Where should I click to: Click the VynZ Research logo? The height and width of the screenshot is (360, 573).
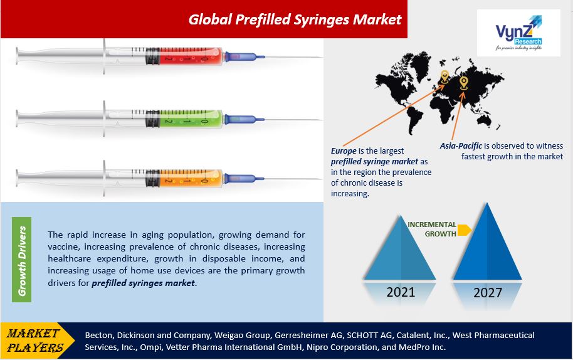coord(518,33)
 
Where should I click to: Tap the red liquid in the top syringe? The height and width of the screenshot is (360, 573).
coord(191,56)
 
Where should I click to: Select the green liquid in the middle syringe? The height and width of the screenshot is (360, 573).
coord(191,119)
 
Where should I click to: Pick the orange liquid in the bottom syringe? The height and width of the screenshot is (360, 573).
coord(191,179)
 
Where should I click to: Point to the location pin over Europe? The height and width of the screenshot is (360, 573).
coord(444,77)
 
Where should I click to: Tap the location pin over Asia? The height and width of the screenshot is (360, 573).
coord(463,83)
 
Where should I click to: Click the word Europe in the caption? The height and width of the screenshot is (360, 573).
coord(344,151)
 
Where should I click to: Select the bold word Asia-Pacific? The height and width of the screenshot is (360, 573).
coord(461,146)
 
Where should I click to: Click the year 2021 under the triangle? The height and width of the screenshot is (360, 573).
coord(401,292)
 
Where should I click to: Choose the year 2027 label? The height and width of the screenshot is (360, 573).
coord(488,293)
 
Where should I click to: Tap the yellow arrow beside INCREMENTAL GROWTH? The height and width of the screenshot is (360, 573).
coord(465,230)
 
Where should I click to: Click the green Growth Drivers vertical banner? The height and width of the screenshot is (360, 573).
coord(21,260)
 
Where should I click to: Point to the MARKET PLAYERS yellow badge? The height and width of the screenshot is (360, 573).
coord(37,341)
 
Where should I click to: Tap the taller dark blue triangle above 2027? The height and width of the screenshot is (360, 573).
coord(488,248)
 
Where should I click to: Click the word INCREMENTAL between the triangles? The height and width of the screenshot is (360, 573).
coord(431,225)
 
